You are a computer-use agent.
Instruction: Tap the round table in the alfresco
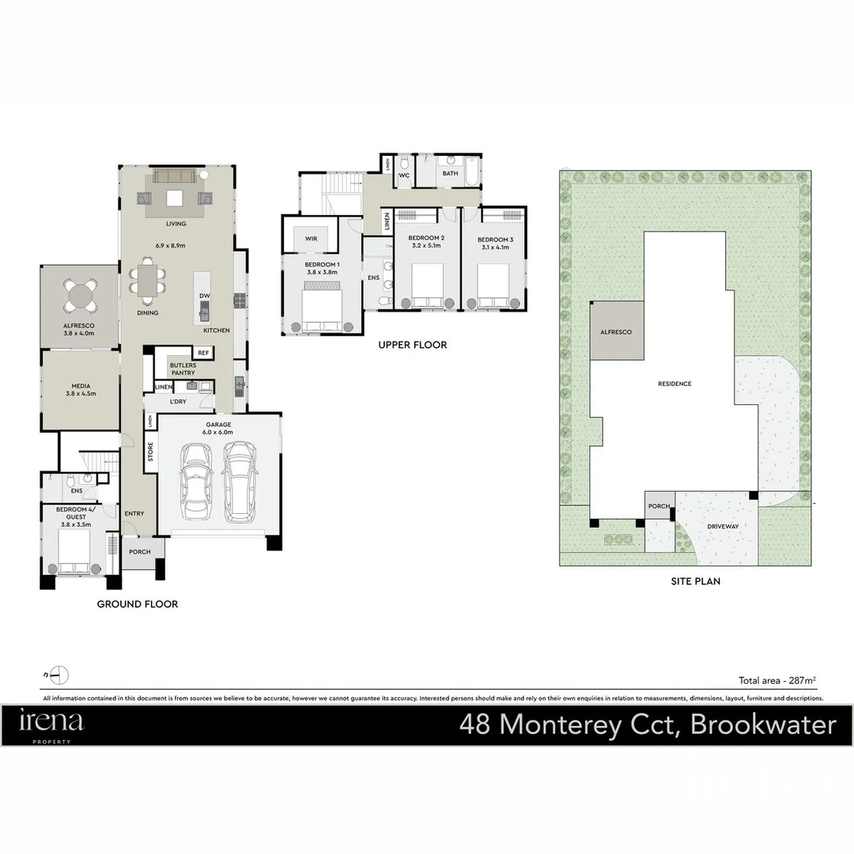point(81,296)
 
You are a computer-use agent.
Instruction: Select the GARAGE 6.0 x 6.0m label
point(217,428)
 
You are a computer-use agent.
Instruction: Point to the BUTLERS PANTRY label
point(183,368)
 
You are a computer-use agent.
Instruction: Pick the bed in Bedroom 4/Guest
point(77,553)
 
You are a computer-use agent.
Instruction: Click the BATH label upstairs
point(450,173)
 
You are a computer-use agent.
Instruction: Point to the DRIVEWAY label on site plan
point(723,526)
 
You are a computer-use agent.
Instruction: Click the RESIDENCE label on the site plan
point(675,384)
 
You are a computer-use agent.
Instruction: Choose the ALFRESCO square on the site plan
point(617,331)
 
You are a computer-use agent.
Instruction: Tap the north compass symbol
point(59,675)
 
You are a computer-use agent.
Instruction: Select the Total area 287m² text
point(777,679)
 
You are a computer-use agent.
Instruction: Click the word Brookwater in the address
point(763,725)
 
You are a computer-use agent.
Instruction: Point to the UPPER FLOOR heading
point(412,345)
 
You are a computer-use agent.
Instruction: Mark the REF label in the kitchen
point(203,353)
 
